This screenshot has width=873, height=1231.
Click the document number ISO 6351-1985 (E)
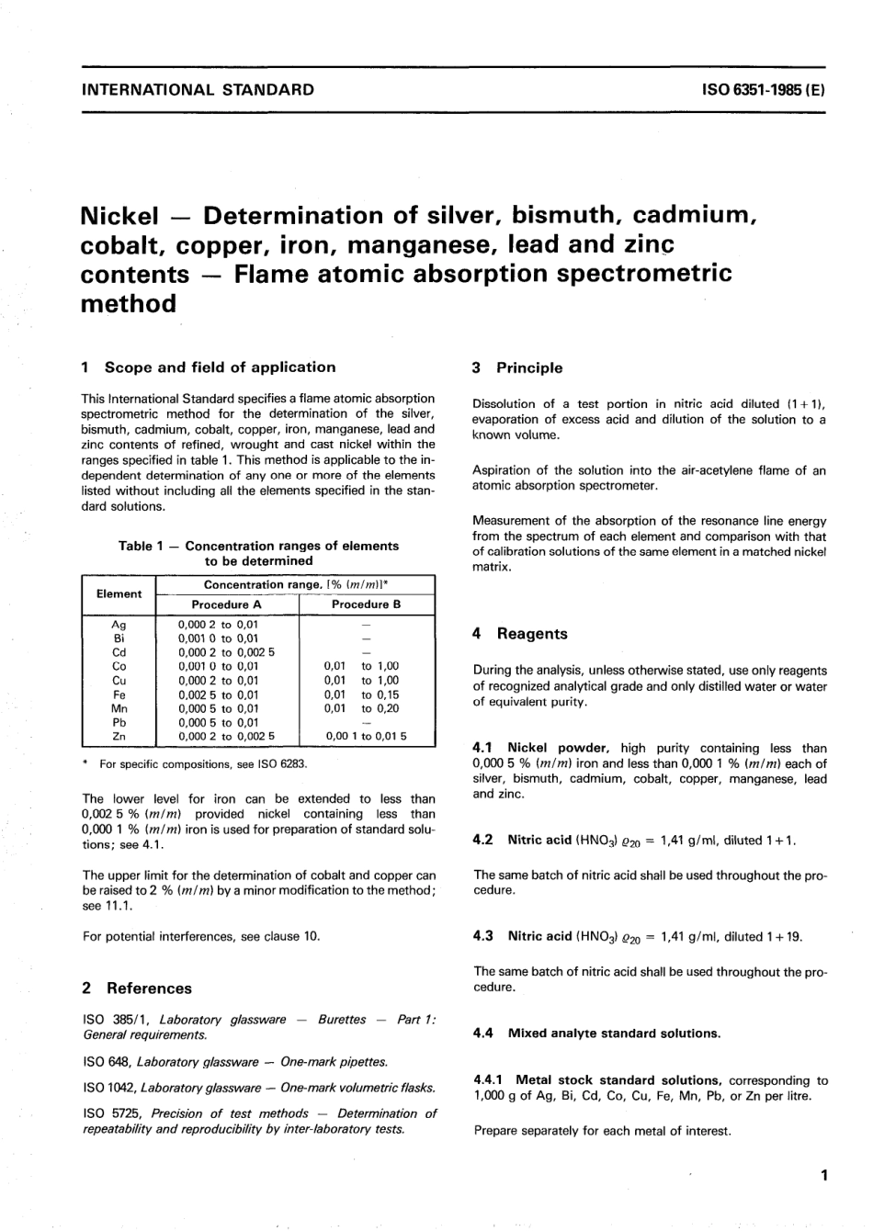click(x=763, y=90)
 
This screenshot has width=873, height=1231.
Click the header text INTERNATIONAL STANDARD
click(x=198, y=90)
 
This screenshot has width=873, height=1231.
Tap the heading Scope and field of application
click(x=220, y=367)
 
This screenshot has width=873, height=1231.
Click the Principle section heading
click(x=529, y=368)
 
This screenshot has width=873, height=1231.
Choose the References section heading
click(x=149, y=988)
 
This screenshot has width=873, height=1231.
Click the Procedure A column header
click(x=226, y=604)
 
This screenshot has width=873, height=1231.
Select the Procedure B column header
click(x=366, y=604)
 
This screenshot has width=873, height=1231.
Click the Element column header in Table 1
click(x=119, y=594)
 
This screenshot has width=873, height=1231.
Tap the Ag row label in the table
click(x=119, y=625)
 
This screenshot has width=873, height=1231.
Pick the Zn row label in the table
click(x=119, y=736)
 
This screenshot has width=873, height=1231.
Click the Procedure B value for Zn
click(x=366, y=736)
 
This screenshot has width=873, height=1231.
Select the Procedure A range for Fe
click(x=219, y=695)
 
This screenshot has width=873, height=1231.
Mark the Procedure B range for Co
click(x=362, y=666)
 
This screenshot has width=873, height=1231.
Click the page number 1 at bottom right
click(x=823, y=1175)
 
